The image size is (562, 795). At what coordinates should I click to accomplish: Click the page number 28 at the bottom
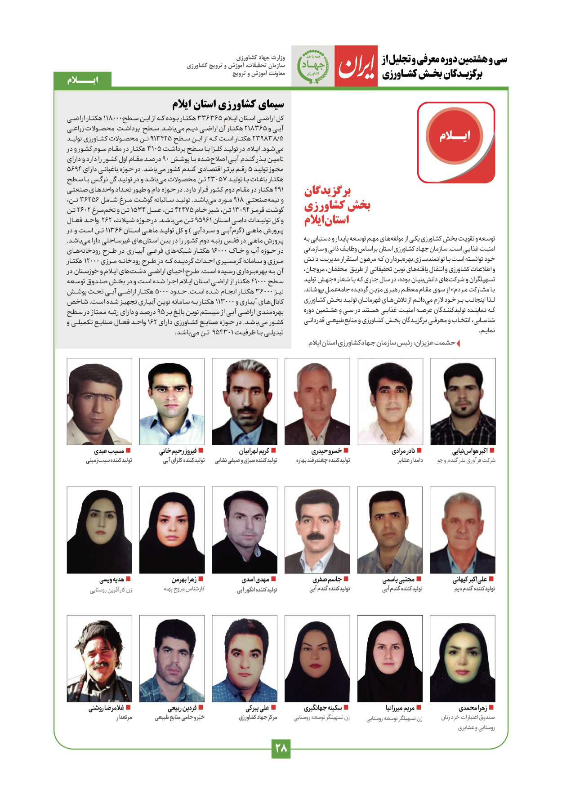coord(281,748)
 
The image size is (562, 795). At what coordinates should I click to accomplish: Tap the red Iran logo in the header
coord(356,66)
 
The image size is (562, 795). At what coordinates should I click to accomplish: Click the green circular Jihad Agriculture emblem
coord(312,67)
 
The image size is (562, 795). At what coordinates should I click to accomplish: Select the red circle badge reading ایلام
coord(455,136)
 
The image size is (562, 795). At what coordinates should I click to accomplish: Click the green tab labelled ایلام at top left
coord(82,80)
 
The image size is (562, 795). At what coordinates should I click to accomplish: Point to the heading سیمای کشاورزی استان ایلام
coord(228,104)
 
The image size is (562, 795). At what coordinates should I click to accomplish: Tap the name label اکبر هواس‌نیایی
coord(470,451)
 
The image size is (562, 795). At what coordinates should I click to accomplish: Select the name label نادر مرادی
coord(403,451)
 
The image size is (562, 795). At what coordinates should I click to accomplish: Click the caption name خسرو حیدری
coord(326,451)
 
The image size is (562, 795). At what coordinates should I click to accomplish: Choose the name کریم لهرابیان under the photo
coord(254,451)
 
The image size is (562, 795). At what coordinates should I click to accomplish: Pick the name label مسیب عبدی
coord(109,451)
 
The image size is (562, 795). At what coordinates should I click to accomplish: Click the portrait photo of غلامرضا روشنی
coord(99,658)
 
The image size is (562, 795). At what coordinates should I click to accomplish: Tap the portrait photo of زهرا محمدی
coord(462,658)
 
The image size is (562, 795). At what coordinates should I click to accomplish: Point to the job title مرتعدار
coord(124,718)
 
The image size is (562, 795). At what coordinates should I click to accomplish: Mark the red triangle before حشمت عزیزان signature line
coord(458,344)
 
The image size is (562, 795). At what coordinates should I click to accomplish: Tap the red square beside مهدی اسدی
coord(273,579)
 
